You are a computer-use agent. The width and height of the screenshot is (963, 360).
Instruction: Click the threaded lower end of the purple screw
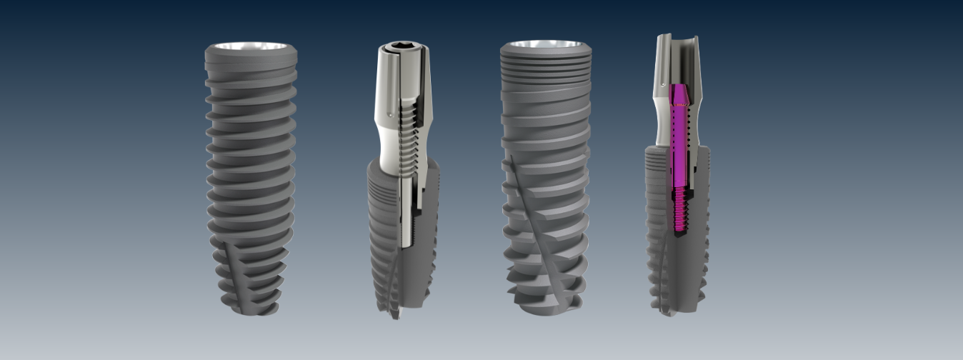(x=679, y=211)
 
